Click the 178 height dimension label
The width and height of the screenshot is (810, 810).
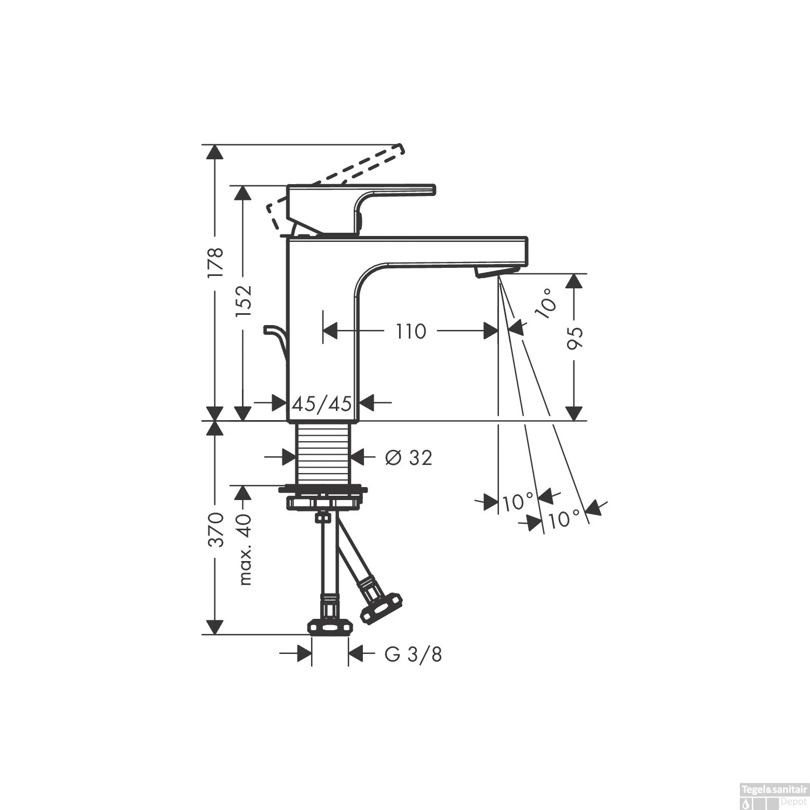click(216, 263)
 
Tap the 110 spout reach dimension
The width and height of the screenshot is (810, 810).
click(411, 331)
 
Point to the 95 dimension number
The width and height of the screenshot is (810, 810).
click(576, 338)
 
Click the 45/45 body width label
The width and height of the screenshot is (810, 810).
click(322, 403)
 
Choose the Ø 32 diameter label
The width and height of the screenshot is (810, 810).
click(409, 458)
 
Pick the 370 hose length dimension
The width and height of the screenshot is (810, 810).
click(216, 530)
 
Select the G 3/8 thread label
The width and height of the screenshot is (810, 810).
click(413, 654)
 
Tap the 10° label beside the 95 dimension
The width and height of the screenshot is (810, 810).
click(546, 303)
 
